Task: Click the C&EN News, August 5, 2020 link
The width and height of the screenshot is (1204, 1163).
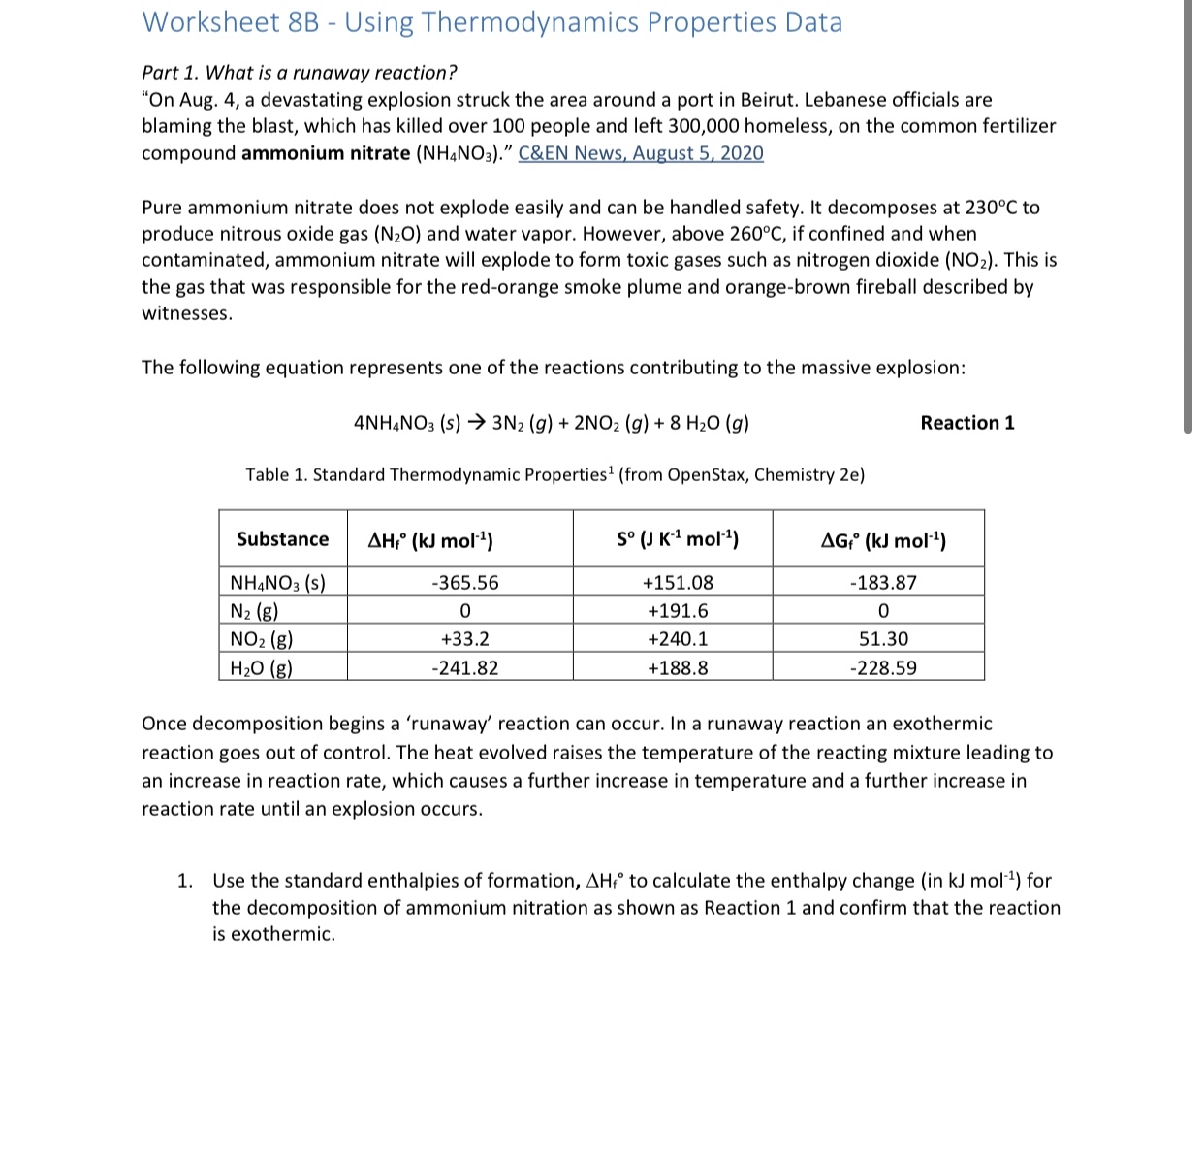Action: pyautogui.click(x=641, y=153)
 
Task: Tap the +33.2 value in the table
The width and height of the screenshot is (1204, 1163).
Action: pyautogui.click(x=464, y=639)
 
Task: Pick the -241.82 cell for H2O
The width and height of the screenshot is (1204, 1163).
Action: pyautogui.click(x=464, y=668)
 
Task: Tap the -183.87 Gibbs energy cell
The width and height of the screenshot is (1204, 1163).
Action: pyautogui.click(x=882, y=583)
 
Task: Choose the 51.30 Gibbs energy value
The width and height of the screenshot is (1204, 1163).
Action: pyautogui.click(x=883, y=639)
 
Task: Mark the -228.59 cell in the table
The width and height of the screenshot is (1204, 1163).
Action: pyautogui.click(x=882, y=668)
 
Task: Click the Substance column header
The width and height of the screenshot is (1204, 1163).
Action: pyautogui.click(x=282, y=539)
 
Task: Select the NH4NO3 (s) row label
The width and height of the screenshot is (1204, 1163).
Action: pyautogui.click(x=277, y=583)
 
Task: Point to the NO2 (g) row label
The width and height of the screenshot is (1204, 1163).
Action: pyautogui.click(x=262, y=639)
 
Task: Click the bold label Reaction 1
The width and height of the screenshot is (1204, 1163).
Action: pyautogui.click(x=966, y=423)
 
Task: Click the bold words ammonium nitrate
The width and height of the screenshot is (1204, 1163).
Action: pyautogui.click(x=325, y=153)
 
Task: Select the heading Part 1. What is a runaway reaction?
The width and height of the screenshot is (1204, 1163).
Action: pyautogui.click(x=300, y=73)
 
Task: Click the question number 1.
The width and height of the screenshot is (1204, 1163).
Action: pyautogui.click(x=184, y=881)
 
